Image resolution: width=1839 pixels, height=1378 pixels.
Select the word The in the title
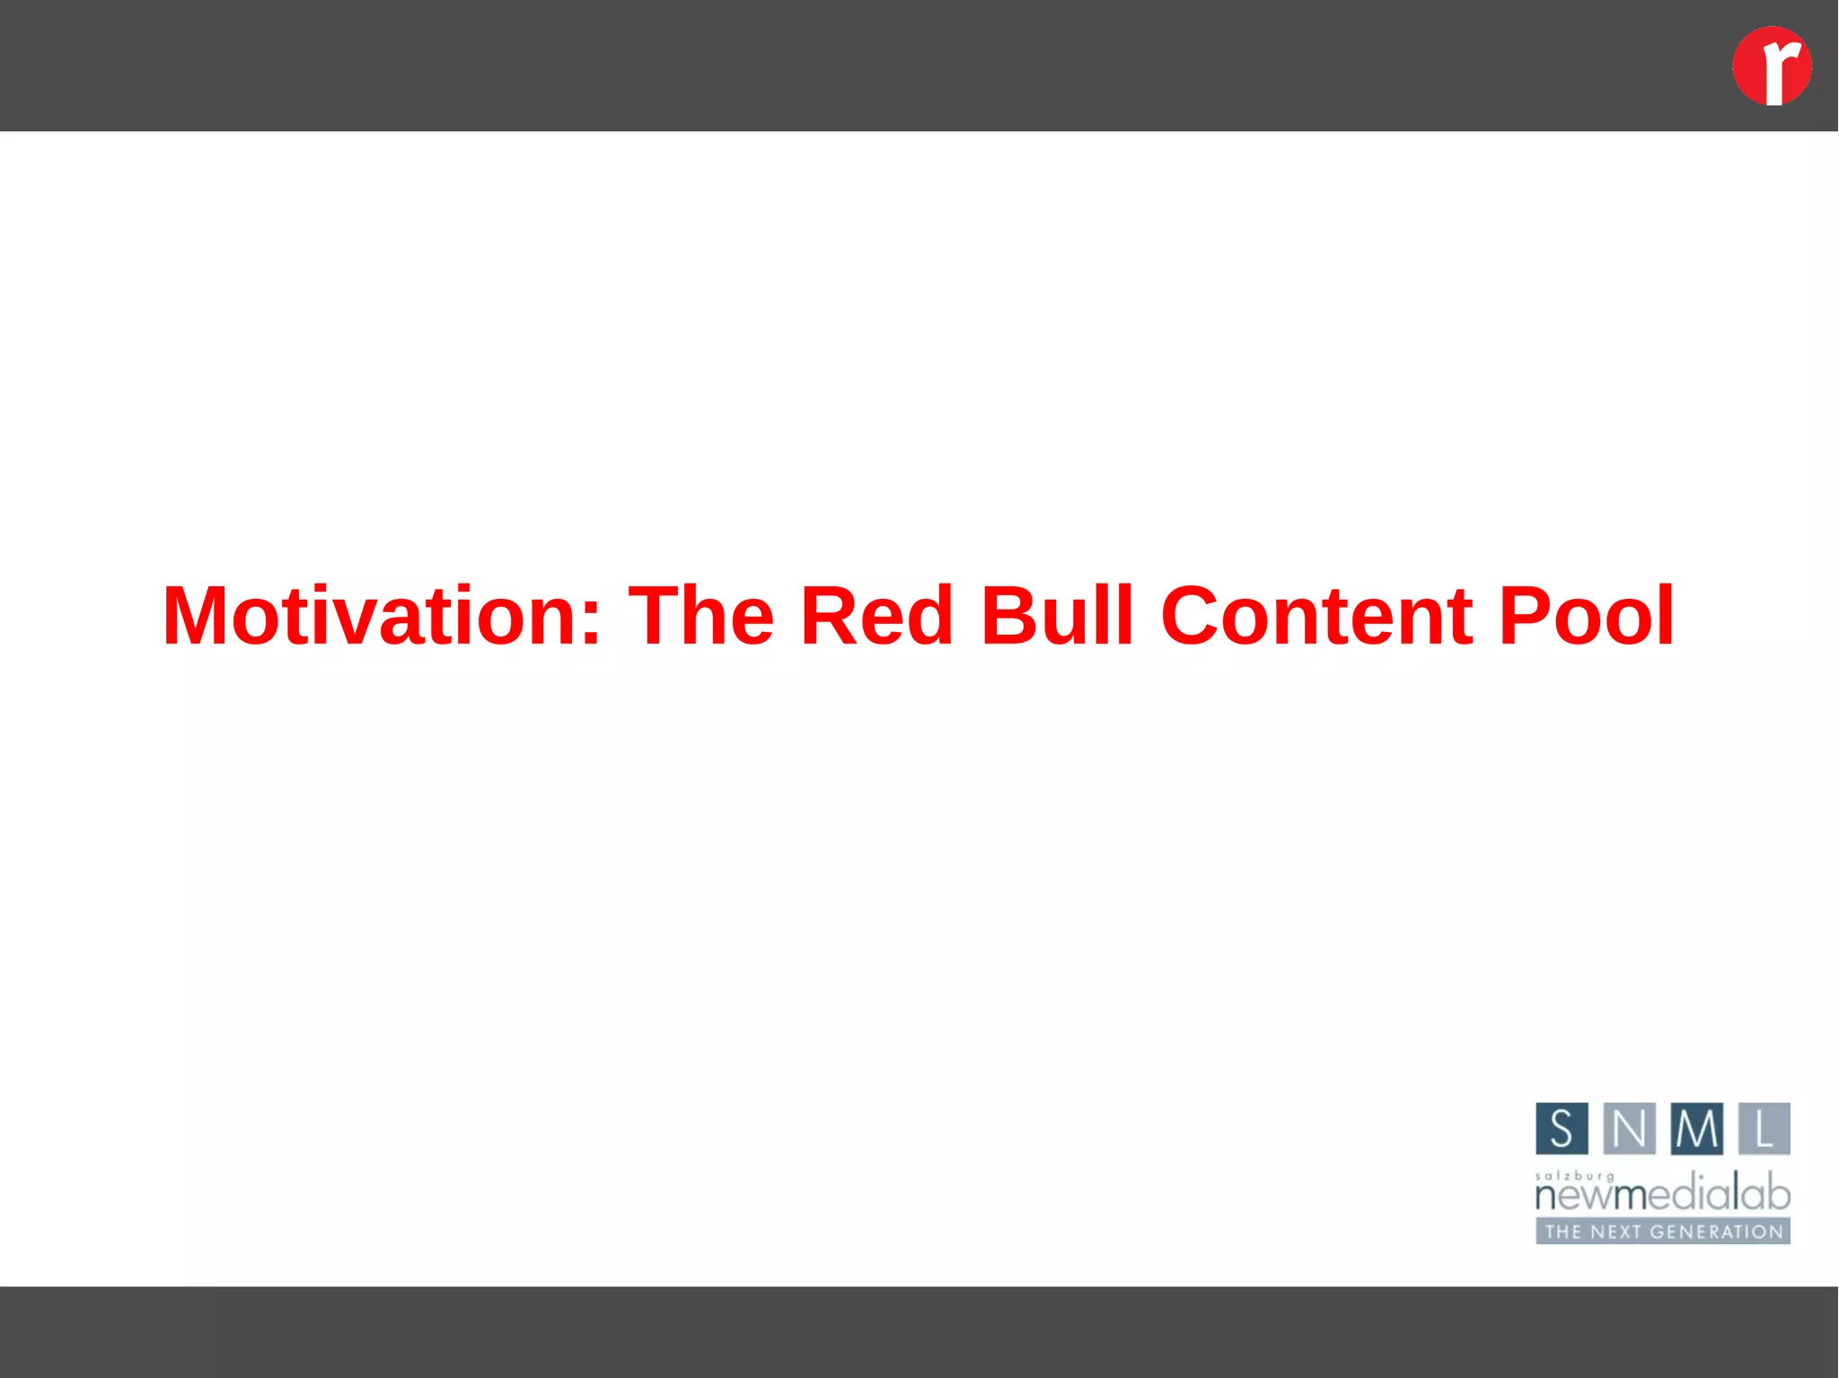[x=700, y=616]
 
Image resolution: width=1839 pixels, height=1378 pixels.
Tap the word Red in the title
[x=876, y=616]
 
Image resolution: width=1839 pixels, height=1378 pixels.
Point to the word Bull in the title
[x=1057, y=616]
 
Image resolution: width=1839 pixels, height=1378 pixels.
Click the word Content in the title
[x=1316, y=616]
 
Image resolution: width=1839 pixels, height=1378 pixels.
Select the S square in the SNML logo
[x=1562, y=1128]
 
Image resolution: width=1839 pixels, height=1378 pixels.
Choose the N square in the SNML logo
[x=1629, y=1128]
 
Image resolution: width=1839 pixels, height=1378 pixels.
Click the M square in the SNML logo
[x=1696, y=1128]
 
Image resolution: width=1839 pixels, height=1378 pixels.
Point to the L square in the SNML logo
[x=1764, y=1128]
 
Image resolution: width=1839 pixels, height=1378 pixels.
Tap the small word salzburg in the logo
[x=1574, y=1176]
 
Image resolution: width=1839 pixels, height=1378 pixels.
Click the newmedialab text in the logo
[x=1662, y=1195]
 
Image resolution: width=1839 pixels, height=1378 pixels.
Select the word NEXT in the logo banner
[x=1617, y=1232]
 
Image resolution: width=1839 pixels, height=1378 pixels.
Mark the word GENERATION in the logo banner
[x=1717, y=1232]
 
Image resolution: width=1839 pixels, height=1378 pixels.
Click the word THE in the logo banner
[x=1563, y=1232]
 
